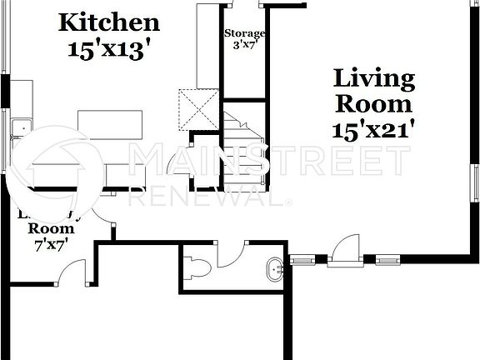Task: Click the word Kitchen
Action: click(108, 22)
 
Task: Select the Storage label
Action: click(245, 33)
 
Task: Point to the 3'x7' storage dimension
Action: click(245, 45)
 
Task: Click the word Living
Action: click(374, 79)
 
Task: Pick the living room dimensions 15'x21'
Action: click(374, 130)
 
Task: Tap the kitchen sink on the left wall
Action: click(17, 128)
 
